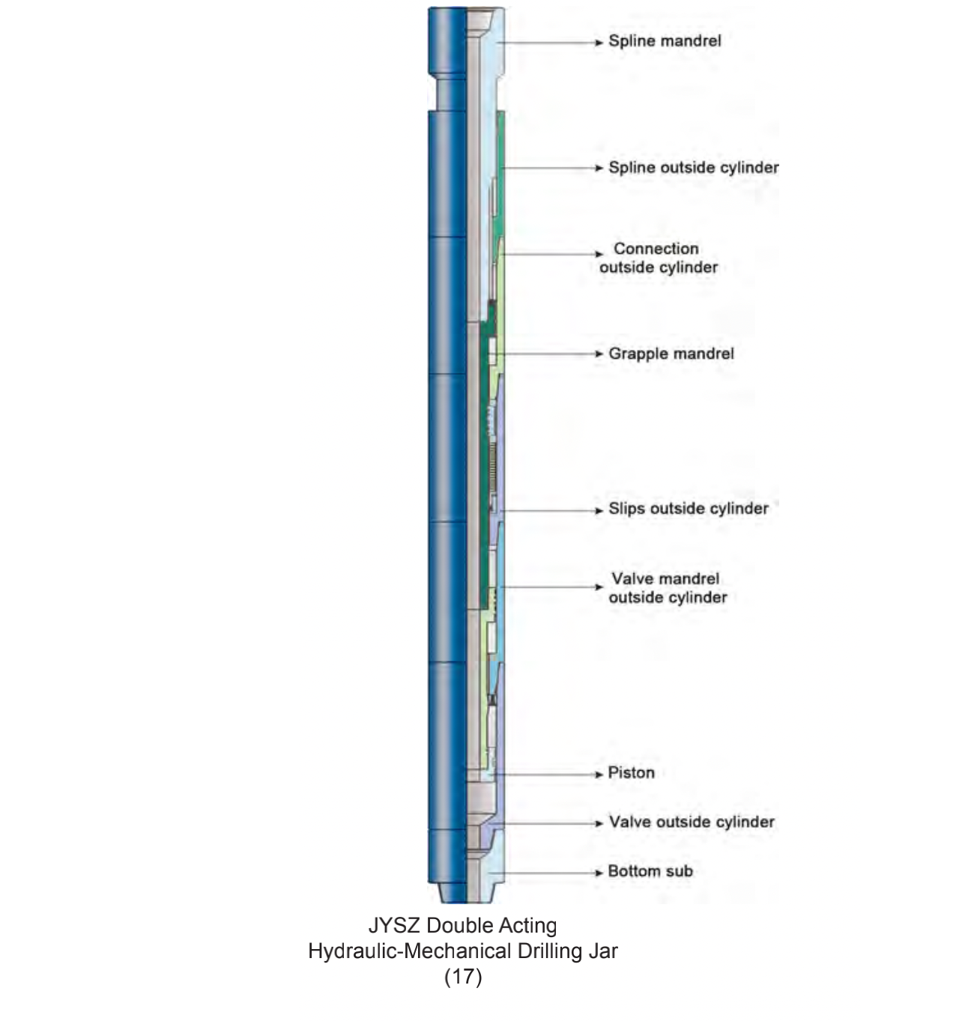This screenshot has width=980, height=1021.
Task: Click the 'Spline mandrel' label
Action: coord(665,41)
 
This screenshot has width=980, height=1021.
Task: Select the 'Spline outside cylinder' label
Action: coord(693,168)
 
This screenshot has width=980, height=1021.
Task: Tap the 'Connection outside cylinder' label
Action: coord(659,258)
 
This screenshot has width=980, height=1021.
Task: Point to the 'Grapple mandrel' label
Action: coord(671,354)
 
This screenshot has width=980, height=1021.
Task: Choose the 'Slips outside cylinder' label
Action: coord(688,509)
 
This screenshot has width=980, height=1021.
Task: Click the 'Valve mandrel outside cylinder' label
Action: coord(668,588)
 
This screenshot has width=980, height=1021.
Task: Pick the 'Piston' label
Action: coord(631,773)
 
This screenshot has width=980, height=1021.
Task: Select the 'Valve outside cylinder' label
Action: coord(692,822)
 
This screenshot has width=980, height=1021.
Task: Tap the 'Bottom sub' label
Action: coord(650,871)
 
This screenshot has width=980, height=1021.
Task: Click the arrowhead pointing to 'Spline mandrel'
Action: coord(599,43)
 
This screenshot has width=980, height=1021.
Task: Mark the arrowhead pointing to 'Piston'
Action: coord(599,775)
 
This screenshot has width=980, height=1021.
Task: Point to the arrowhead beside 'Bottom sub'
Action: coord(599,873)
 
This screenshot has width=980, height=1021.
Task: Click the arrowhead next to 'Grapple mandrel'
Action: coord(599,354)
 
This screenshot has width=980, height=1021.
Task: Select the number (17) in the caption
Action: coord(463,977)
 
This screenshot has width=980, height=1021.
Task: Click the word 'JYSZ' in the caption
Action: coord(394,926)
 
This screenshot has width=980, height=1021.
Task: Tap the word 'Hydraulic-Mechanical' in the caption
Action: coord(409,951)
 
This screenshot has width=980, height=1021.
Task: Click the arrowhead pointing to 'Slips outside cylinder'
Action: coord(599,511)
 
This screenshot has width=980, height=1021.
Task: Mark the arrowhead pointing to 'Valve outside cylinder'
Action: coord(599,824)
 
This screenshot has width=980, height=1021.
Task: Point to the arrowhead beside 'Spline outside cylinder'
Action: coord(599,169)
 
